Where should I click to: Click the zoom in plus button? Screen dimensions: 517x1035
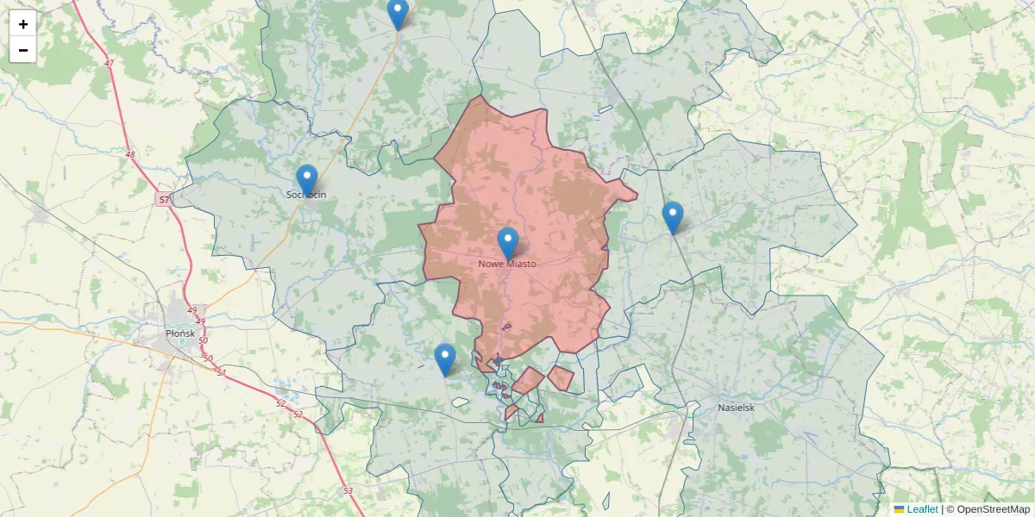[23, 24]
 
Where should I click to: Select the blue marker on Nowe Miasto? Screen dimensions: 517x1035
[508, 244]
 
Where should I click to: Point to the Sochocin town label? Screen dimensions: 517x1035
[306, 196]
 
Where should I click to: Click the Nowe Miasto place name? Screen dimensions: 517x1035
[507, 264]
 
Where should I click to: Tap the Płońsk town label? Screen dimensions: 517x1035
[182, 332]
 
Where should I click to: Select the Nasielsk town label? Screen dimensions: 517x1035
[737, 406]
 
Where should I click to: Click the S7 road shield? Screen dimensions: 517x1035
[165, 200]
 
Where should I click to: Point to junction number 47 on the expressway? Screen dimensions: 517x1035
[109, 64]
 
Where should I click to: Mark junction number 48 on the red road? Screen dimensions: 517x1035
[130, 155]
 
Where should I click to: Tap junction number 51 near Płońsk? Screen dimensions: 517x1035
[222, 372]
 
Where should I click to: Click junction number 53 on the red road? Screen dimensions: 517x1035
[348, 490]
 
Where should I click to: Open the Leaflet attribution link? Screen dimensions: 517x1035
[922, 509]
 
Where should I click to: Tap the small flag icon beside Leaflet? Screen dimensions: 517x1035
[900, 509]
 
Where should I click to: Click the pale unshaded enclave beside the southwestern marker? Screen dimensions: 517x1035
[460, 402]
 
